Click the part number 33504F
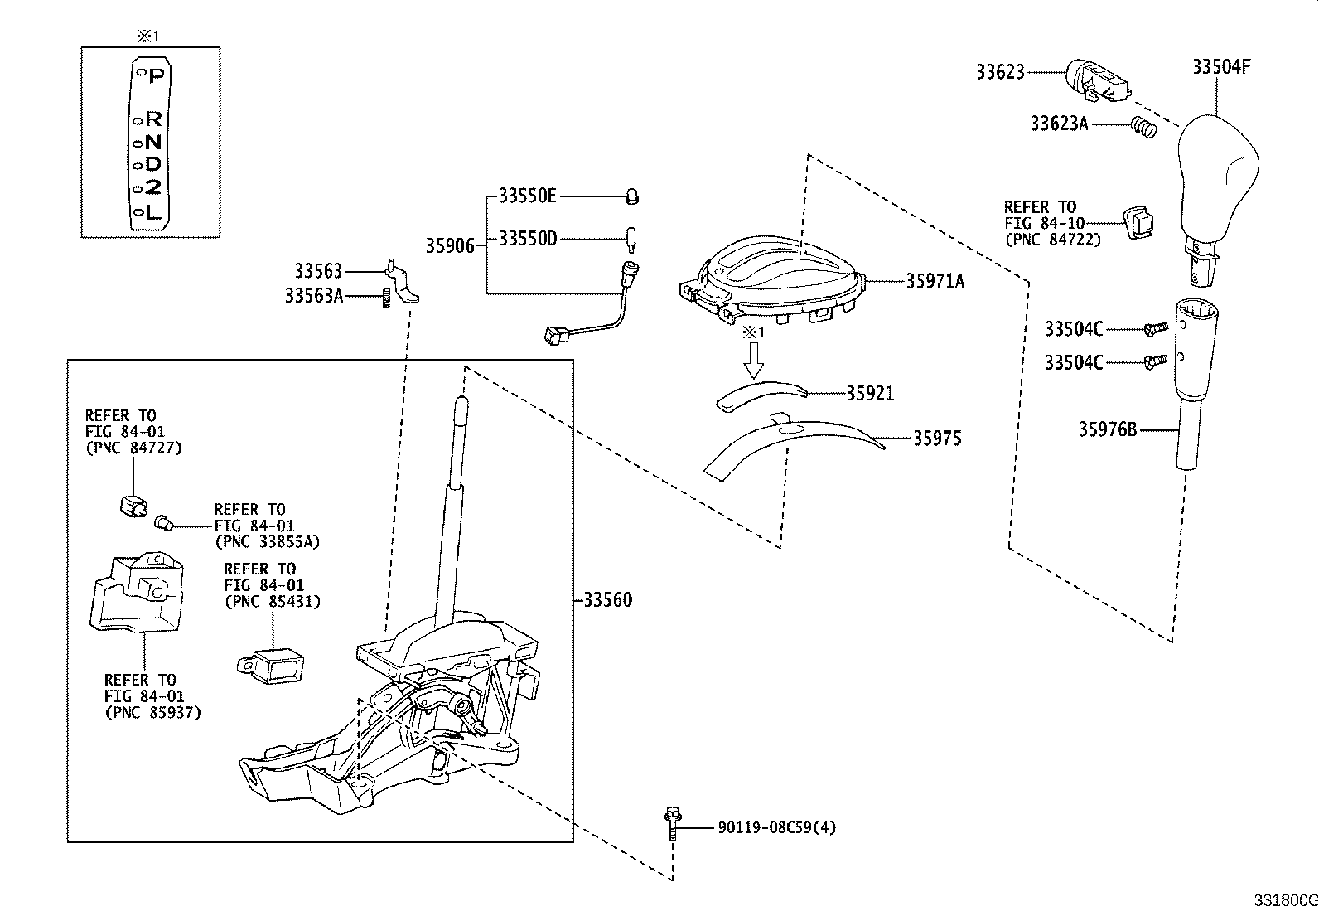(x=1221, y=67)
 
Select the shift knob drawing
(x=1215, y=178)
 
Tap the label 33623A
(x=1059, y=124)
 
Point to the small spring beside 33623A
(x=1143, y=128)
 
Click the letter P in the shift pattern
(x=156, y=75)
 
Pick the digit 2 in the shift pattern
(x=152, y=187)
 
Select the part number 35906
(x=450, y=245)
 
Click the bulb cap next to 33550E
(x=632, y=197)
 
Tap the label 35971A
(x=935, y=281)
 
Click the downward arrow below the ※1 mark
(x=752, y=359)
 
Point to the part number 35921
(x=869, y=393)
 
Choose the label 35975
(x=937, y=438)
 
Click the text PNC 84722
(x=1052, y=240)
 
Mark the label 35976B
(x=1107, y=429)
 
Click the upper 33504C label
(x=1073, y=329)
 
